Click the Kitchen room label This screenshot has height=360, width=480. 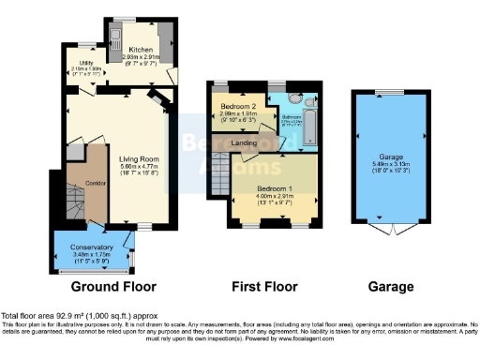tap(142, 49)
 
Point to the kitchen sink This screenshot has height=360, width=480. tap(115, 38)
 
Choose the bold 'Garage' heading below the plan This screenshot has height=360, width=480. tap(380, 286)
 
